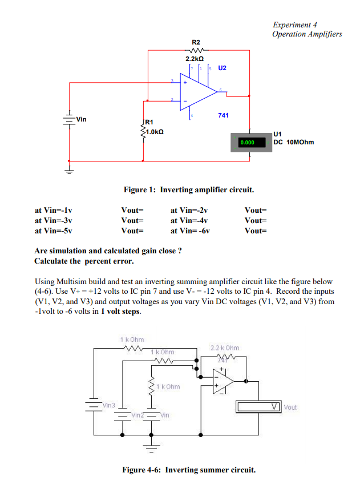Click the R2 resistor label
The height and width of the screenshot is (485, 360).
(x=196, y=42)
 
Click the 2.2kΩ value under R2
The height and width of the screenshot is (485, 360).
(x=195, y=59)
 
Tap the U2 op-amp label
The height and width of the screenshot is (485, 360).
(x=222, y=68)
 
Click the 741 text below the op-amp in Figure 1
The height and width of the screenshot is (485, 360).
(x=223, y=115)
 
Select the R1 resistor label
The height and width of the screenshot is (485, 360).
(x=149, y=122)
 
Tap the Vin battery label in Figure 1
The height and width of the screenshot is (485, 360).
(x=82, y=119)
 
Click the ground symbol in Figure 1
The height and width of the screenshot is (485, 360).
(x=69, y=170)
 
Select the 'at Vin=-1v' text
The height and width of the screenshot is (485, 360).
(x=54, y=210)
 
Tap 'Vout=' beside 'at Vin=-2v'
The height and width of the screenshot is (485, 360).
(x=255, y=210)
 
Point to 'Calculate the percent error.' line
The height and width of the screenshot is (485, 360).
(x=84, y=261)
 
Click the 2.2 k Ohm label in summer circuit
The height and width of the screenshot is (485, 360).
(x=225, y=347)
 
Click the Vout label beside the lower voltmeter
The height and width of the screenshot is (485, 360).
(x=290, y=407)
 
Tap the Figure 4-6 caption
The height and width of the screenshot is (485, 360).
(x=189, y=470)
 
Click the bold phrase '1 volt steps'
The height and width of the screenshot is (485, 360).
(x=120, y=312)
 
